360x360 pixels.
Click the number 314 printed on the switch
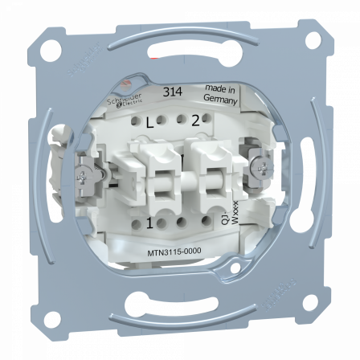click(x=170, y=92)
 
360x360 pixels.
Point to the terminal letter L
click(x=149, y=123)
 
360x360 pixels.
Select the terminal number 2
click(x=194, y=122)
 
